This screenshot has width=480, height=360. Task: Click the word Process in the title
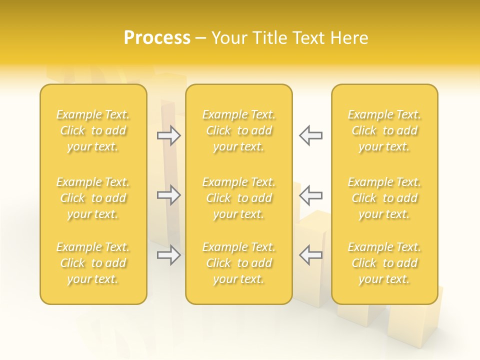click(x=157, y=38)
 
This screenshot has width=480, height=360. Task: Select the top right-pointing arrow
click(x=169, y=135)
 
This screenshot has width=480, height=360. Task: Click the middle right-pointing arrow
click(x=169, y=195)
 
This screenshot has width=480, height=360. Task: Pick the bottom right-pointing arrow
click(x=169, y=255)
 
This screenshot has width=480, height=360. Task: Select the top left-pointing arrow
click(x=310, y=135)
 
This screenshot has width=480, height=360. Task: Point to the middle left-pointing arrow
click(x=310, y=195)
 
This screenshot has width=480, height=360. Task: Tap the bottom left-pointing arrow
click(x=310, y=255)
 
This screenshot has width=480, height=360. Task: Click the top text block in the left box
click(x=93, y=130)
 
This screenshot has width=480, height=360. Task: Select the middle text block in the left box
click(x=93, y=198)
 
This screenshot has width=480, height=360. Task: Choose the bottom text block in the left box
click(x=93, y=263)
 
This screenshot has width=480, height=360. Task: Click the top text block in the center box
click(x=239, y=130)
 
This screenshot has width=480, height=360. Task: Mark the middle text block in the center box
click(x=239, y=198)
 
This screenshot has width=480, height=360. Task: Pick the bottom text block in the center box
click(x=239, y=263)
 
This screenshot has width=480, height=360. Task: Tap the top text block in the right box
click(x=384, y=130)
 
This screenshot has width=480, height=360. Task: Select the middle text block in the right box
click(x=384, y=198)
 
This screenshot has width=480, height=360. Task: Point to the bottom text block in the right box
click(x=384, y=263)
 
